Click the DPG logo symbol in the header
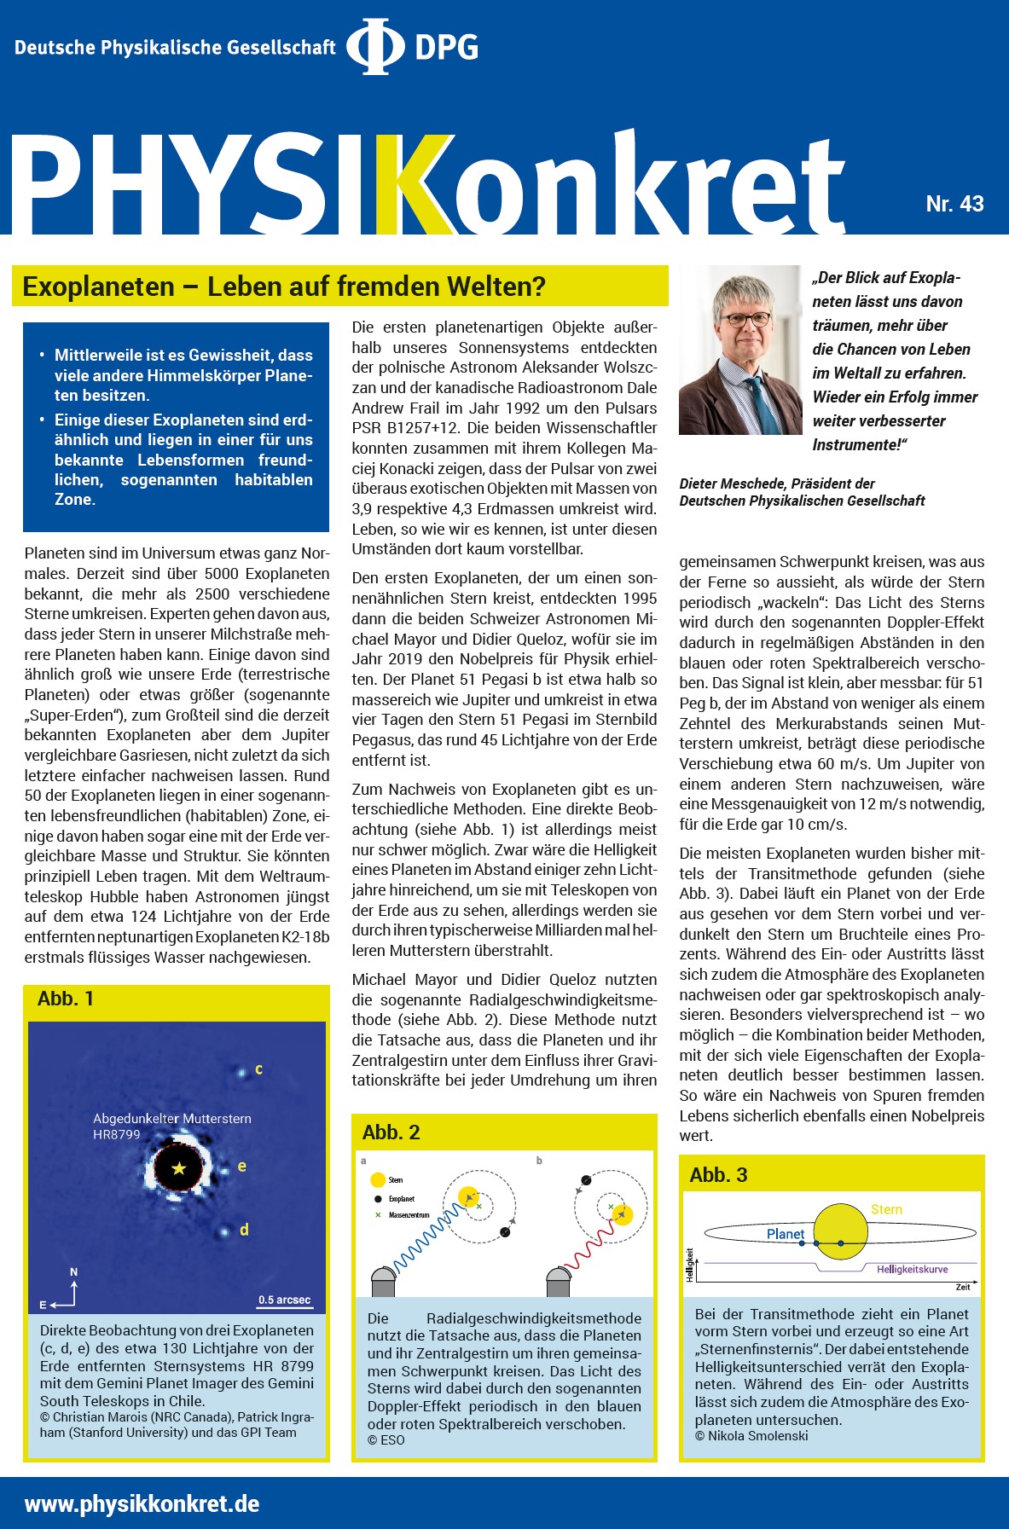375,47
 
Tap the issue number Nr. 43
954,204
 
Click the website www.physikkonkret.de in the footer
142,1503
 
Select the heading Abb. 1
66,999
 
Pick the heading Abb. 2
391,1132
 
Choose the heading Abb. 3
718,1175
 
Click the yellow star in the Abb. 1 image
178,1168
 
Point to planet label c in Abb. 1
258,1069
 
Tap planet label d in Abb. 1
244,1230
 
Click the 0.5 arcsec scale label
285,1300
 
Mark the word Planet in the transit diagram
786,1234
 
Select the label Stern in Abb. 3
886,1209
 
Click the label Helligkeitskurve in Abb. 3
912,1269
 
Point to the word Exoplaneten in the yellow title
98,287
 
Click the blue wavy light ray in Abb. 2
426,1236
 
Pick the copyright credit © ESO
386,1439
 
